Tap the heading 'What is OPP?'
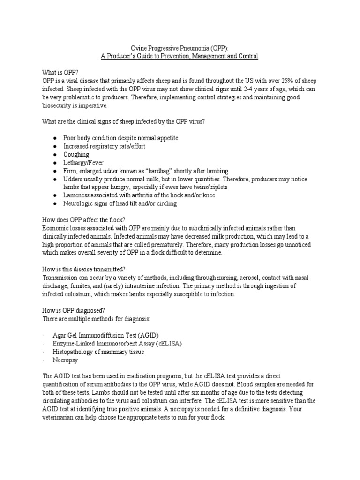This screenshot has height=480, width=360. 60,73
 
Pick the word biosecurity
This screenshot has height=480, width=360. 59,105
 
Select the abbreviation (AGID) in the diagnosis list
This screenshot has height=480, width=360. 146,335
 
